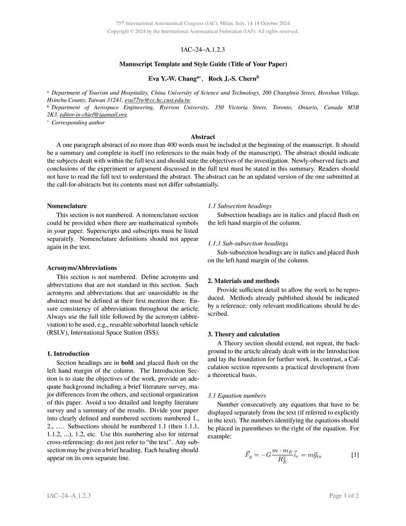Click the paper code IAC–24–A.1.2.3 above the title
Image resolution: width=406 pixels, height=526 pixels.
click(x=203, y=50)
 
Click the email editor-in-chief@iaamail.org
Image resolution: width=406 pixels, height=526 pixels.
click(x=93, y=115)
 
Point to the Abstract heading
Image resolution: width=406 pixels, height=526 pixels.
click(x=203, y=137)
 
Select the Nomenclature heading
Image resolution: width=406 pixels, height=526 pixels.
click(x=67, y=206)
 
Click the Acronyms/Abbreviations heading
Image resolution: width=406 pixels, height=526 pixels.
click(x=82, y=268)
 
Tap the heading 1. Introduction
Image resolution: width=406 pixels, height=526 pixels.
click(x=68, y=354)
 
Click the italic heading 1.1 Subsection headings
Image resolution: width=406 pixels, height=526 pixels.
click(x=240, y=206)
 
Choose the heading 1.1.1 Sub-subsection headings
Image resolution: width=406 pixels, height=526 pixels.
click(x=248, y=244)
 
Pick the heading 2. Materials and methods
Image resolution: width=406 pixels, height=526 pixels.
click(x=243, y=281)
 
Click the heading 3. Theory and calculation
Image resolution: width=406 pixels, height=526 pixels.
click(x=243, y=334)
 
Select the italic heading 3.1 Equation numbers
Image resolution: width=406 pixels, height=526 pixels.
click(x=237, y=396)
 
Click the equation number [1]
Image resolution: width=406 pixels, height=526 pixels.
click(x=355, y=455)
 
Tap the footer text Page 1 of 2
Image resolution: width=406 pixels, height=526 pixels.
click(x=344, y=496)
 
